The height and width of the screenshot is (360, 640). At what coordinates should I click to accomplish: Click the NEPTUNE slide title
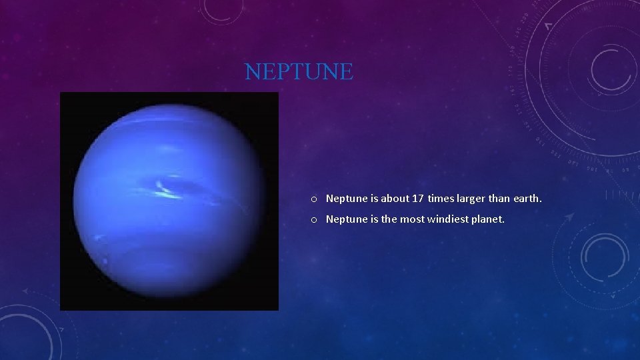[299, 71]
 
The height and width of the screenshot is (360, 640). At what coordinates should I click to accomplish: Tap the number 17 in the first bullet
[417, 199]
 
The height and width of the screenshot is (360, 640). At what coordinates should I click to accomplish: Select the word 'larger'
[471, 199]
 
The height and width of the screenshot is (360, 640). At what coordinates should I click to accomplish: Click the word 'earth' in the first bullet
[527, 199]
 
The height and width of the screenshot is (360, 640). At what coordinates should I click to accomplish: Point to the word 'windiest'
[447, 219]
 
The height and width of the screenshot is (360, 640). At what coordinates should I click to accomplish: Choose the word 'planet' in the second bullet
[487, 219]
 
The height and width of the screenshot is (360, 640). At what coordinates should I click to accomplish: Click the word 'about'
[395, 199]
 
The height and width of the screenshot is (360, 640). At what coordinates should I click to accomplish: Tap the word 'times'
[441, 199]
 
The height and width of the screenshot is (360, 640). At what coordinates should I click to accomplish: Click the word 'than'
[501, 199]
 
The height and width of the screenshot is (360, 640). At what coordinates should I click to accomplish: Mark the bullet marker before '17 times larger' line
[313, 199]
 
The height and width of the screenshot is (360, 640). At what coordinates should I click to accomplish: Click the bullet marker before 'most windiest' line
[313, 219]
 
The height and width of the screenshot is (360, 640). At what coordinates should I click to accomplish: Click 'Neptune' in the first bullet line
[345, 199]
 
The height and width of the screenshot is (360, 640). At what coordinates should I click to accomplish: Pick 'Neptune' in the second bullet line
[345, 219]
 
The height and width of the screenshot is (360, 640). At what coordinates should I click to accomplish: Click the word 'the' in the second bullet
[388, 219]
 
